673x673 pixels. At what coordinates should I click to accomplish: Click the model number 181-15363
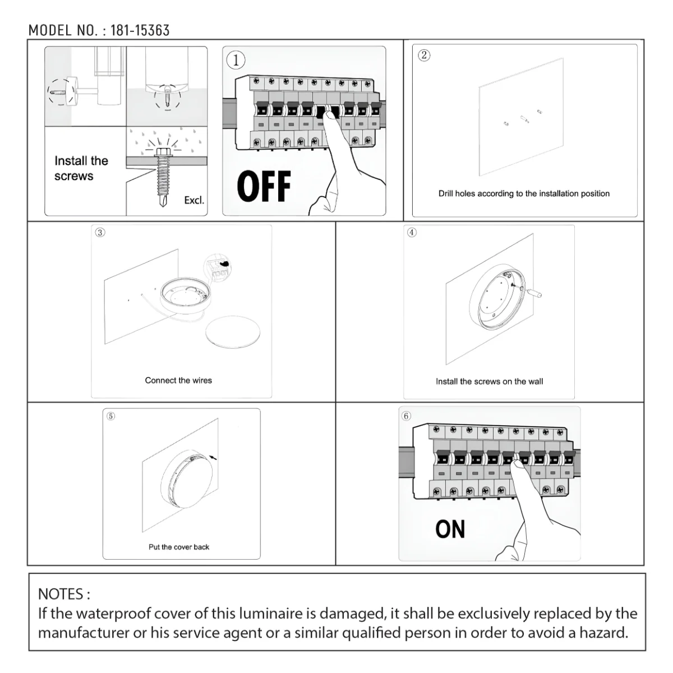[x=140, y=30]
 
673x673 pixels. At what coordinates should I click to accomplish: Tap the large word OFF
[x=264, y=186]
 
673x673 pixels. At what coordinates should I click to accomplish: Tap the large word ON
[x=450, y=529]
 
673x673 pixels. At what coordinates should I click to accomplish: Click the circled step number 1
[x=236, y=60]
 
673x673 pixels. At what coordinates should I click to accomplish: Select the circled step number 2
[x=424, y=55]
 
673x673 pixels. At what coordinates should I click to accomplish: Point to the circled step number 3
[x=100, y=232]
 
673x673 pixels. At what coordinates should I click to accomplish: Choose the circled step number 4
[x=412, y=232]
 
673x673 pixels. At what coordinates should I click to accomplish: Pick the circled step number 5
[x=110, y=416]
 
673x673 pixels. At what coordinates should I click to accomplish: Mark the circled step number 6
[x=406, y=416]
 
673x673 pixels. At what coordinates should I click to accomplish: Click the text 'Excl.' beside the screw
[x=194, y=200]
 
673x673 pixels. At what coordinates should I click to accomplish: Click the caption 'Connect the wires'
[x=178, y=380]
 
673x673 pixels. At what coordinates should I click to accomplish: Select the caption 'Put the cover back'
[x=179, y=547]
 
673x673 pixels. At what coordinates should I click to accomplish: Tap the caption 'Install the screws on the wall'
[x=489, y=381]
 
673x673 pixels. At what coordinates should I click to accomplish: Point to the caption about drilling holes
[x=524, y=193]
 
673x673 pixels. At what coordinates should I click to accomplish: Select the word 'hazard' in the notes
[x=604, y=633]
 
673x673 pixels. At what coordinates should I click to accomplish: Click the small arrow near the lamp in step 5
[x=213, y=458]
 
